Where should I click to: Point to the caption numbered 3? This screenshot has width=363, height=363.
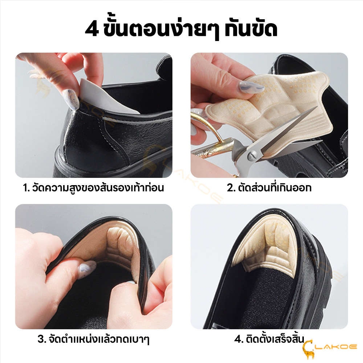[x=93, y=339]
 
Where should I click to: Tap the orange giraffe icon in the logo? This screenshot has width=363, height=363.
[x=309, y=349]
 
